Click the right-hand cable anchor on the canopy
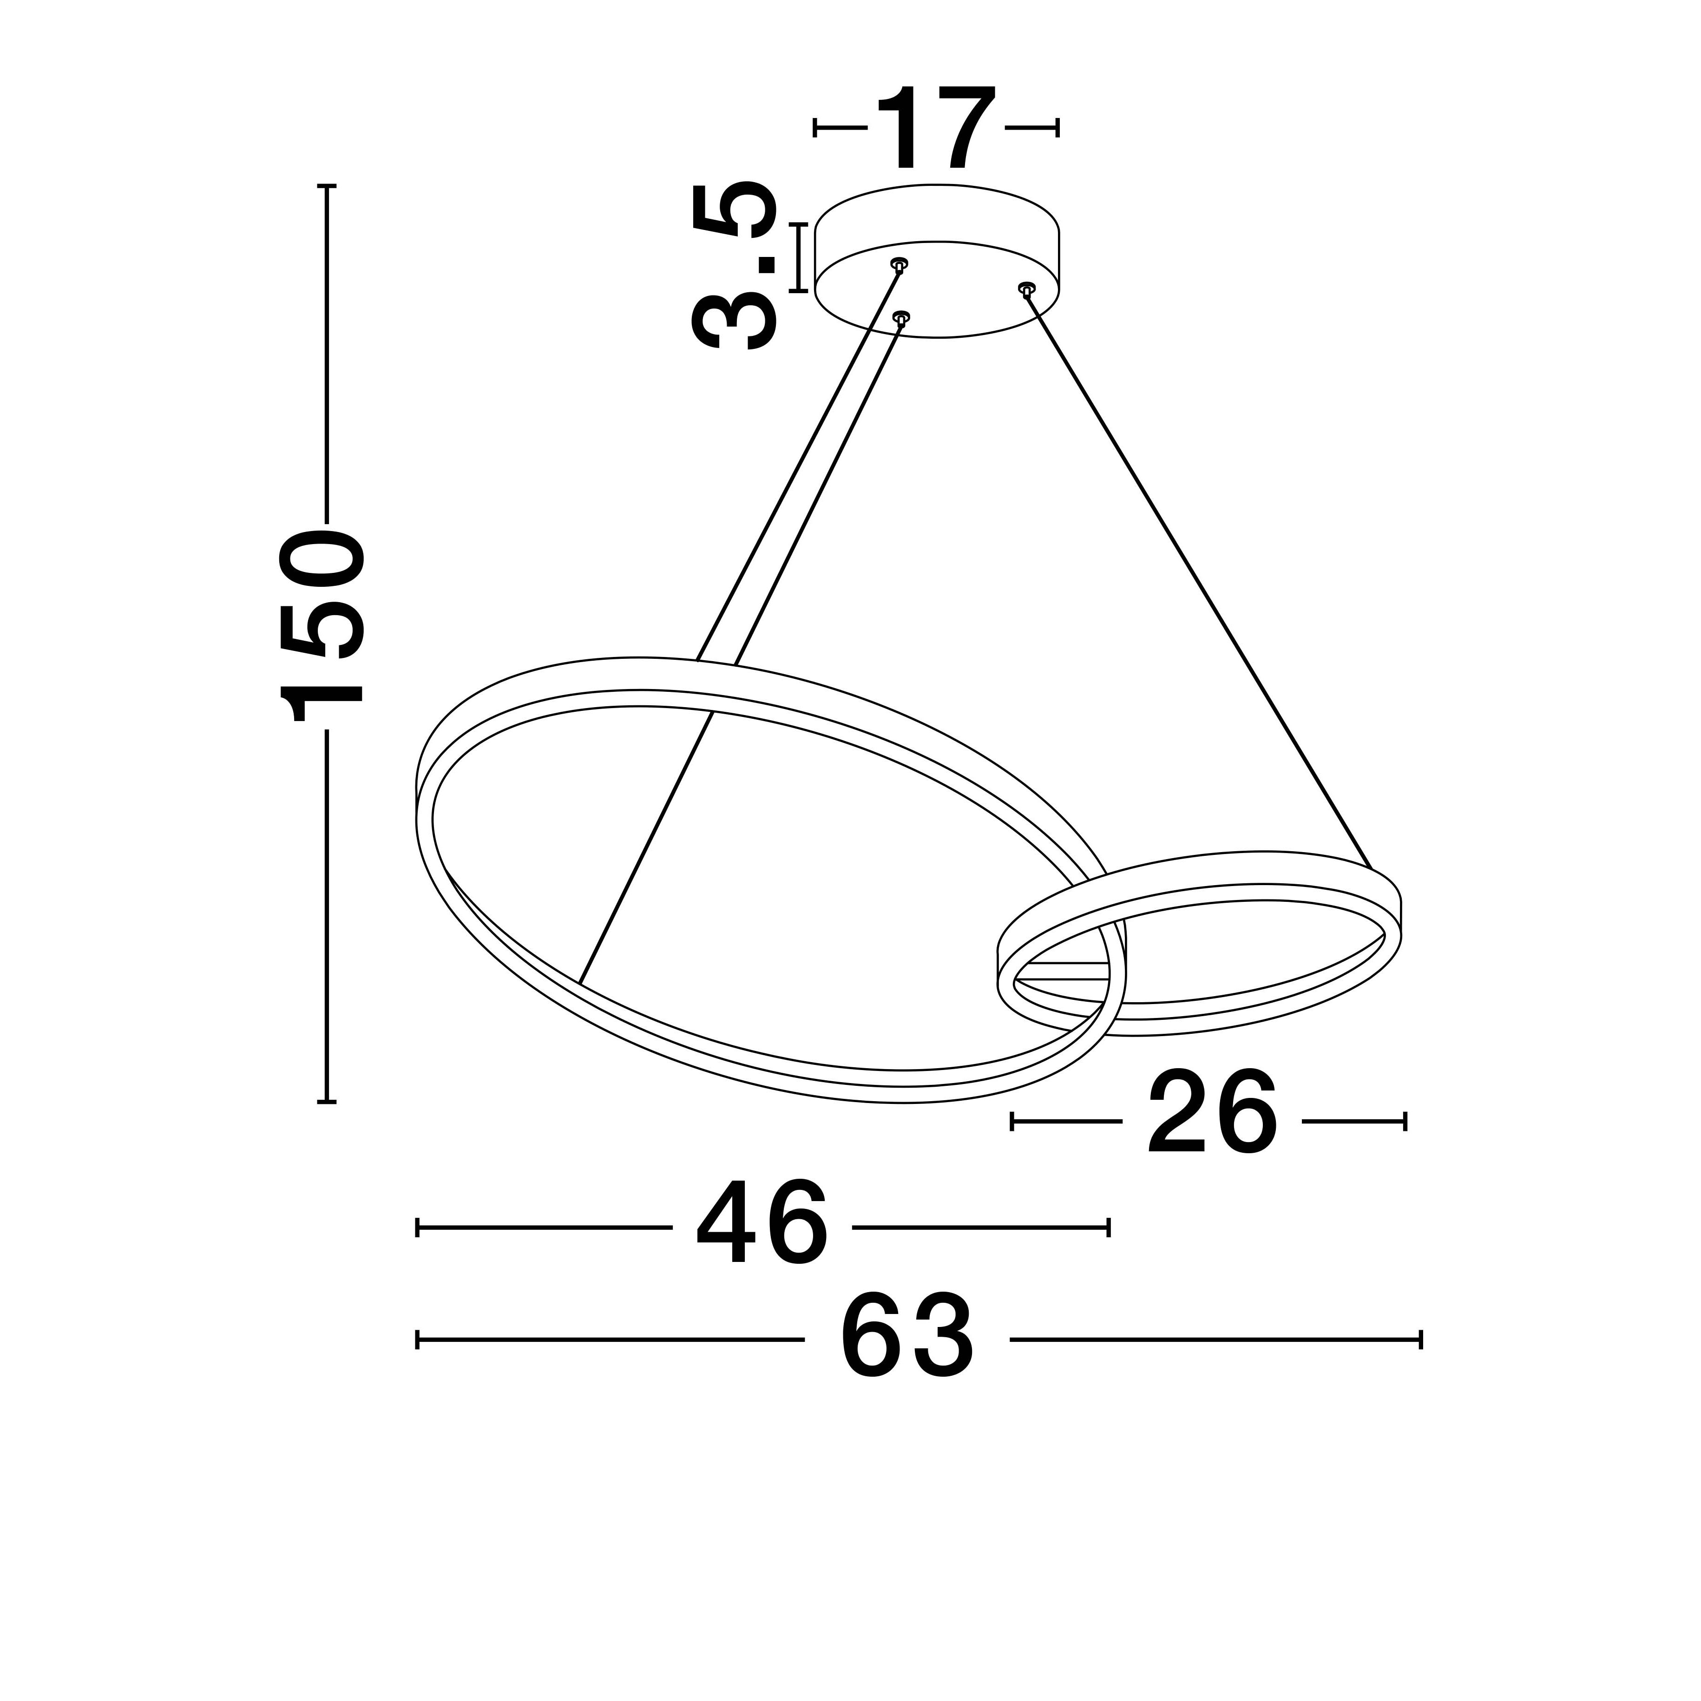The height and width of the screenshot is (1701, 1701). click(1026, 288)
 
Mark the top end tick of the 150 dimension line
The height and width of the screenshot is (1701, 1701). click(327, 187)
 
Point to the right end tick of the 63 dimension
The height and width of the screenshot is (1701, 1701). click(1421, 1340)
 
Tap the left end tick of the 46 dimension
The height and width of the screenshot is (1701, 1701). click(417, 1228)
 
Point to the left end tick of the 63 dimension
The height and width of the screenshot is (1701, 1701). click(417, 1340)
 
